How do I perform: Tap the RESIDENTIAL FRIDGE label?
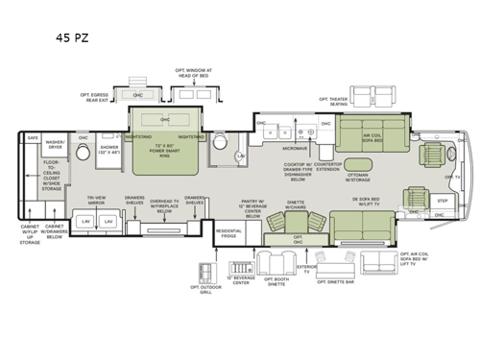tap(228, 234)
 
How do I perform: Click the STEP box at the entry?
tap(443, 201)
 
